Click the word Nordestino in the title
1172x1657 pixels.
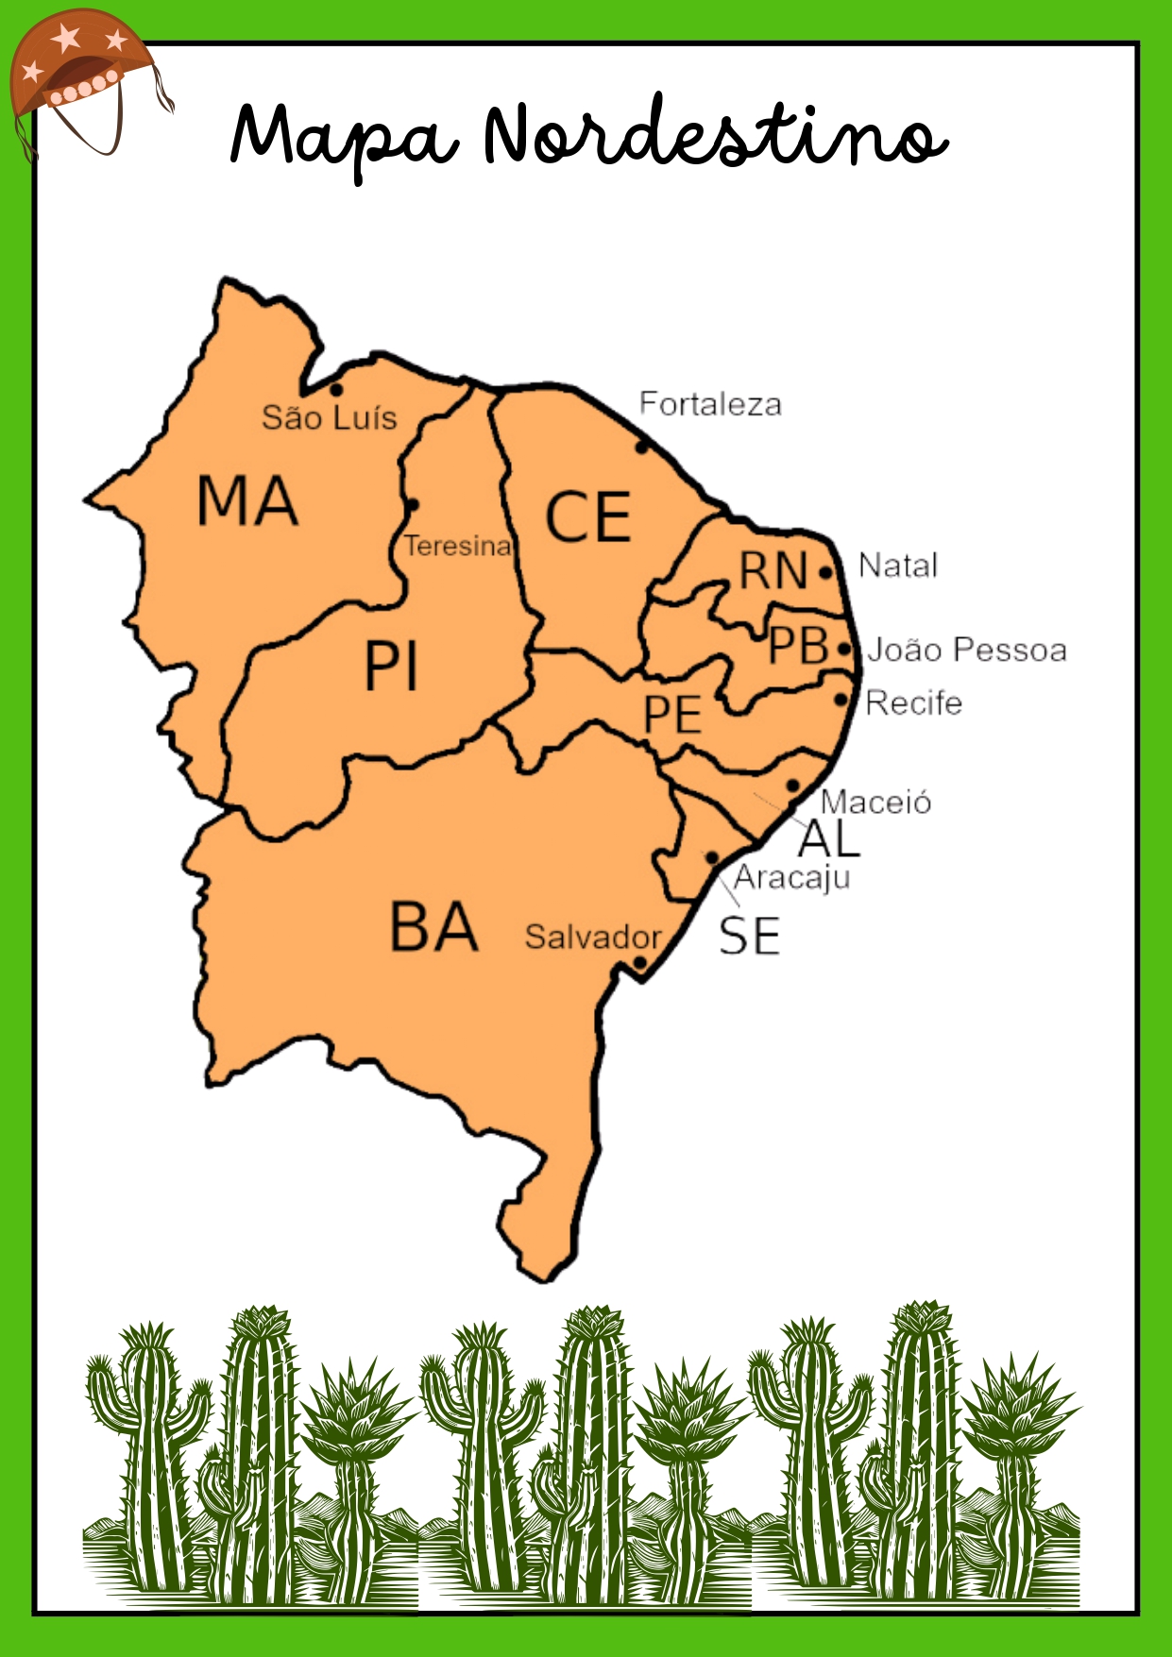pyautogui.click(x=714, y=136)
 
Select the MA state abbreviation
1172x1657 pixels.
pyautogui.click(x=247, y=501)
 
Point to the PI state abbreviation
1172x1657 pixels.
pyautogui.click(x=391, y=667)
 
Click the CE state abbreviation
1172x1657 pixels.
pyautogui.click(x=588, y=517)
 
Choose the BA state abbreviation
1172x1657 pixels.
pyautogui.click(x=433, y=927)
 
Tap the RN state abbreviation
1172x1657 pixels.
pyautogui.click(x=773, y=571)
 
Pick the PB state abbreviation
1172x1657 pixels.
pyautogui.click(x=798, y=647)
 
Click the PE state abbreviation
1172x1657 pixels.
pyautogui.click(x=672, y=715)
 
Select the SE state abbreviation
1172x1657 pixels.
pyautogui.click(x=750, y=938)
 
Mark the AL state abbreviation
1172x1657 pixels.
pyautogui.click(x=829, y=838)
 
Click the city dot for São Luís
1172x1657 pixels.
pyautogui.click(x=336, y=389)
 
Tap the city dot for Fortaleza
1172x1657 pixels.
pyautogui.click(x=641, y=446)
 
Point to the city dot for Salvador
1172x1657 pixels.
pyautogui.click(x=639, y=963)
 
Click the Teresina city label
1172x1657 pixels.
pyautogui.click(x=458, y=546)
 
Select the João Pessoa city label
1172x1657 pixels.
pyautogui.click(x=967, y=650)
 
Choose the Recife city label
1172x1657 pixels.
pyautogui.click(x=913, y=703)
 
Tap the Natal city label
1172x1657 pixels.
pyautogui.click(x=898, y=566)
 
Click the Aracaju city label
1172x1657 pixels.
pyautogui.click(x=792, y=878)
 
